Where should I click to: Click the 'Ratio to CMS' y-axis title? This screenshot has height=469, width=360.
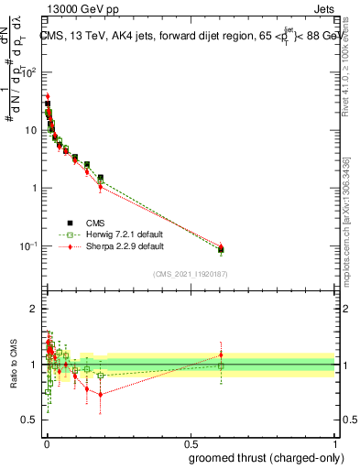pyautogui.click(x=13, y=364)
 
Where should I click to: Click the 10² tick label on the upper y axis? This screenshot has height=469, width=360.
pyautogui.click(x=30, y=71)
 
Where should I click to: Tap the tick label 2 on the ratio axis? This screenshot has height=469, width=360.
pyautogui.click(x=35, y=309)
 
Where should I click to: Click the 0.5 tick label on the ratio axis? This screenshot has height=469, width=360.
pyautogui.click(x=30, y=420)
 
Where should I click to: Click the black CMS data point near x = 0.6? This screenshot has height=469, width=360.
pyautogui.click(x=220, y=249)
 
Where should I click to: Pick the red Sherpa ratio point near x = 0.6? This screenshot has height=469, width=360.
pyautogui.click(x=220, y=354)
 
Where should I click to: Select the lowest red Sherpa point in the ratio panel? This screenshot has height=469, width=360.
pyautogui.click(x=101, y=395)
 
